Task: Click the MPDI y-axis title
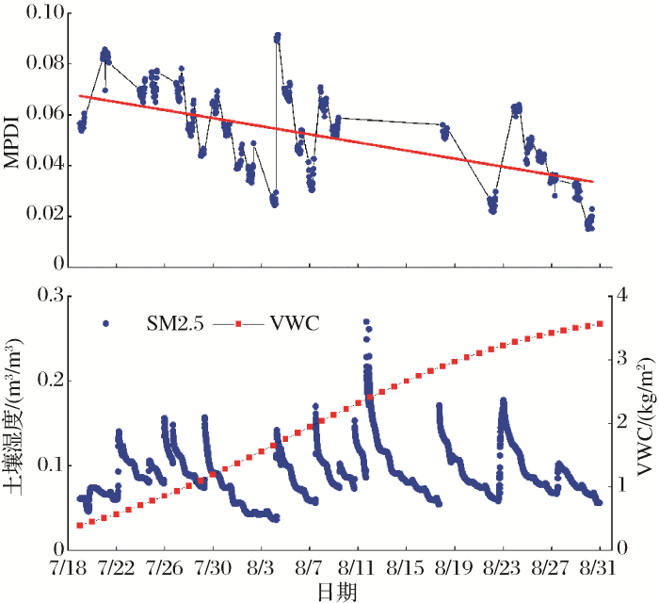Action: tap(12, 140)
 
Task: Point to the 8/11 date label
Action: tap(358, 570)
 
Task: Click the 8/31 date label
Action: tap(598, 570)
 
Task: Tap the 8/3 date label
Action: tap(262, 570)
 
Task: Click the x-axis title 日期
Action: tap(336, 591)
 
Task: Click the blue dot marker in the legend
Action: tap(105, 324)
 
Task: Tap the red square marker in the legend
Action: tap(239, 324)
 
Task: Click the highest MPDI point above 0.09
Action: tap(277, 36)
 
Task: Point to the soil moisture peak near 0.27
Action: tap(366, 322)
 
